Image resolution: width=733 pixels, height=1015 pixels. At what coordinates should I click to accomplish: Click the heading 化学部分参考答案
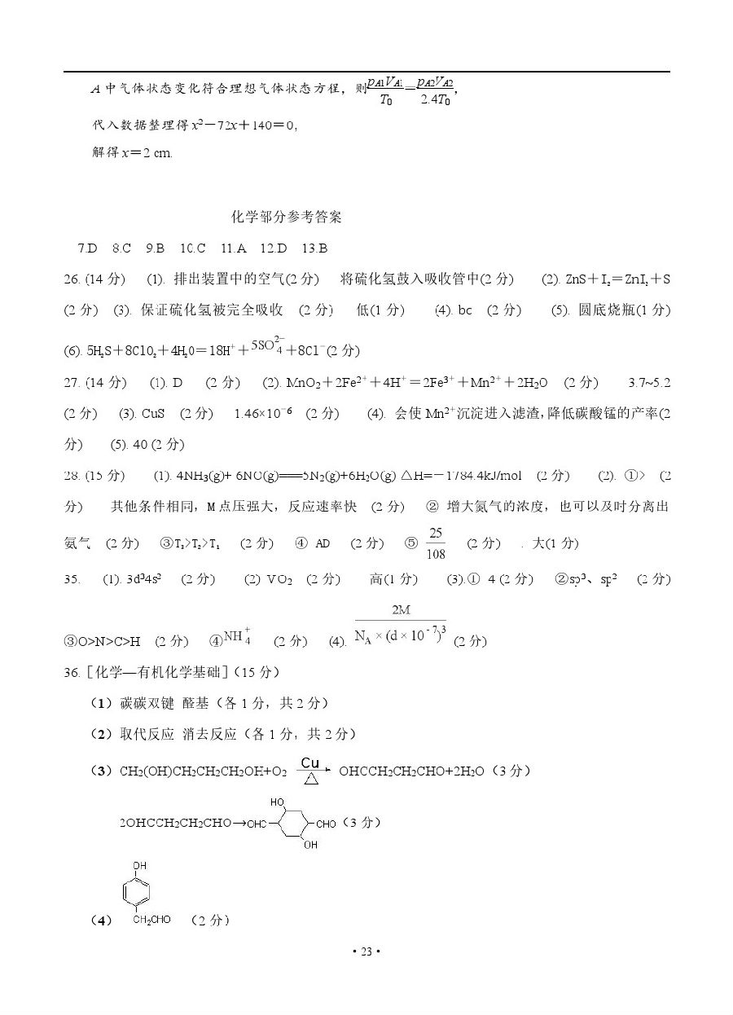click(x=287, y=217)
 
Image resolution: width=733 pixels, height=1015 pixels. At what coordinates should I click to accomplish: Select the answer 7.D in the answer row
click(x=87, y=248)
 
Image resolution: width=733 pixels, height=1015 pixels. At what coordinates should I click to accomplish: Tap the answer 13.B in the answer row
click(x=314, y=248)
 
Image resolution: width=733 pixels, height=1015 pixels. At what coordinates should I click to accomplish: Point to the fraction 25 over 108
click(x=436, y=543)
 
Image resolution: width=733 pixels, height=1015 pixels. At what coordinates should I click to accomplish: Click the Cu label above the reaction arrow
click(x=309, y=762)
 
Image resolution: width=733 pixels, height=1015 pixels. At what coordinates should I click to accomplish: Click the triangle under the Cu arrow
click(x=309, y=779)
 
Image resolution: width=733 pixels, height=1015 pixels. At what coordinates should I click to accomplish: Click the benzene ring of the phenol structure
click(x=139, y=892)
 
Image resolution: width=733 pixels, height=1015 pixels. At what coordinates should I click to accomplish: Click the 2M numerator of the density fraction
click(x=401, y=610)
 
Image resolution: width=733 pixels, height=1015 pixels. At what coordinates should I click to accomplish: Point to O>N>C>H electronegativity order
click(x=102, y=642)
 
